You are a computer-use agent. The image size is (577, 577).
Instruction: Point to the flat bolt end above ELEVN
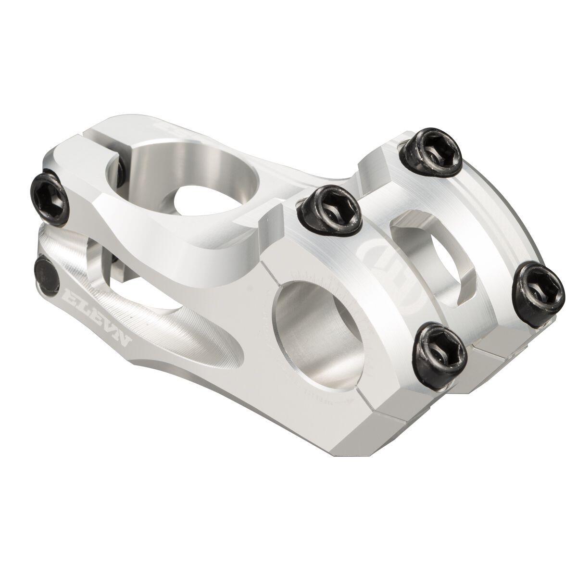[47, 272]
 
